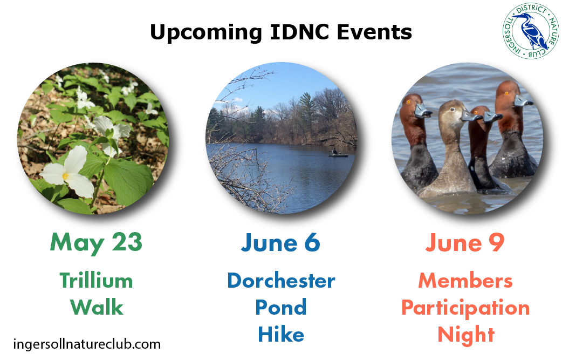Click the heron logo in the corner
pos(531,31)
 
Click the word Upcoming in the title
pos(206,32)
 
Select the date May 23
pos(96,243)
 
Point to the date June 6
pos(280,243)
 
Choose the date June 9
pos(465,243)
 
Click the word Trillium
pos(96,281)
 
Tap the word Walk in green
pos(97,307)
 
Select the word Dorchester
pos(281,281)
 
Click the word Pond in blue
pos(280,307)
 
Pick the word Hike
pos(281,334)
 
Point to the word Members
pos(465,281)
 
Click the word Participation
pos(465,308)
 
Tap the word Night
pos(466,335)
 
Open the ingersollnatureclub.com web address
pos(87,344)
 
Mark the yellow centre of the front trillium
pos(65,176)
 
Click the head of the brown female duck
pos(455,113)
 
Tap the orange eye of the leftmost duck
pos(408,102)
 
